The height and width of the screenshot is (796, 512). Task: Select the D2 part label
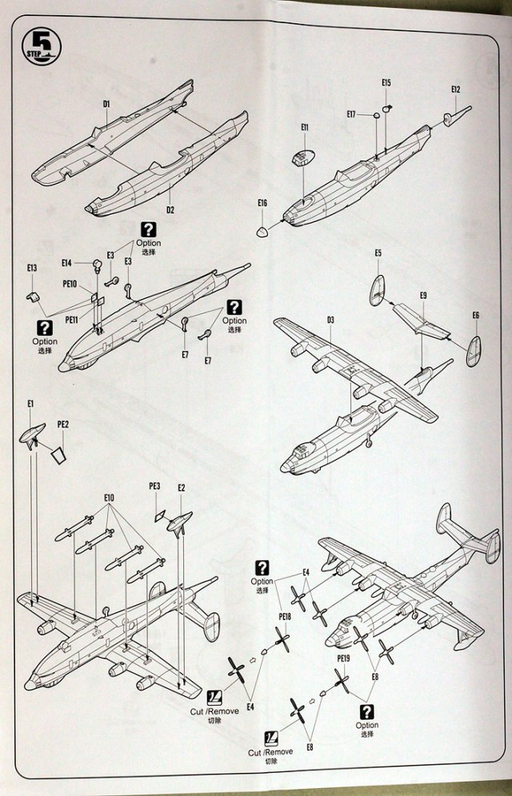pyautogui.click(x=170, y=209)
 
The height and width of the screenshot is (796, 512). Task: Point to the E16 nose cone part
pyautogui.click(x=262, y=232)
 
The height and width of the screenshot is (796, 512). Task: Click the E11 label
pyautogui.click(x=305, y=128)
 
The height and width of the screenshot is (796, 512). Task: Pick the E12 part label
pyautogui.click(x=456, y=90)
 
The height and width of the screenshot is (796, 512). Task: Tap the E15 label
pyautogui.click(x=386, y=83)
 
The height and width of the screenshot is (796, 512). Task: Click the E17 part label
pyautogui.click(x=352, y=114)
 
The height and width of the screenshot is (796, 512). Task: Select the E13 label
pyautogui.click(x=32, y=269)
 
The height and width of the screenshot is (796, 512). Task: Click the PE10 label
pyautogui.click(x=69, y=284)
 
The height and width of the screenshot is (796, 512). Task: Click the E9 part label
pyautogui.click(x=422, y=297)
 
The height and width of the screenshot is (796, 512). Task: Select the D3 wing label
pyautogui.click(x=330, y=320)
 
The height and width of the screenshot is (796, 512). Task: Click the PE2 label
pyautogui.click(x=63, y=424)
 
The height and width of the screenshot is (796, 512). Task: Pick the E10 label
pyautogui.click(x=109, y=498)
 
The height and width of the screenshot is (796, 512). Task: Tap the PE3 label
pyautogui.click(x=155, y=486)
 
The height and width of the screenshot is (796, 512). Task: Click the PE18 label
pyautogui.click(x=285, y=616)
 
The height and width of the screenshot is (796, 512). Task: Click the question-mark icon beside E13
pyautogui.click(x=46, y=328)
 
